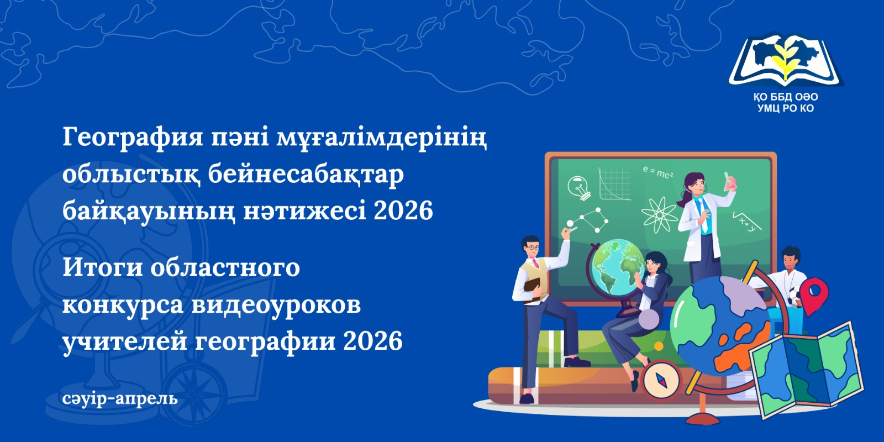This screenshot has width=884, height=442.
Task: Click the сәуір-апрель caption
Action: point(120,398)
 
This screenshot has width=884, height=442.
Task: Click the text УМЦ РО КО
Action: point(786,108)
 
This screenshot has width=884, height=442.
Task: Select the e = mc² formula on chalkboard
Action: point(657,172)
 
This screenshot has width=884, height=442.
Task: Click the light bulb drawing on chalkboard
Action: point(578,187)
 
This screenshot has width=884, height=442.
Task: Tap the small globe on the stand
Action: point(614,265)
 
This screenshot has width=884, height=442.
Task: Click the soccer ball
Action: point(796,297)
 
